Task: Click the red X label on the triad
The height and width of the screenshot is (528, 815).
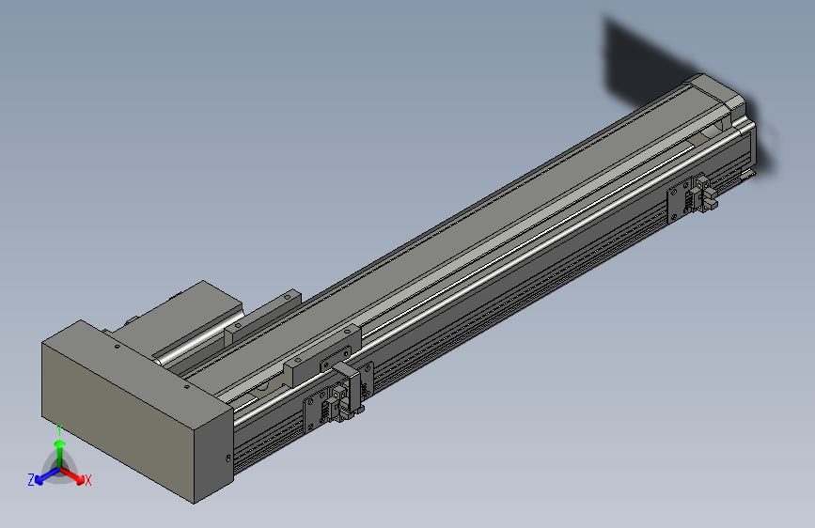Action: pyautogui.click(x=88, y=480)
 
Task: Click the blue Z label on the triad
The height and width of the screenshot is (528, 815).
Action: pyautogui.click(x=31, y=479)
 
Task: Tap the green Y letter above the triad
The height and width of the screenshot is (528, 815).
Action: pyautogui.click(x=59, y=428)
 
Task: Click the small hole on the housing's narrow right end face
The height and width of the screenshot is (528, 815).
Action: pyautogui.click(x=228, y=458)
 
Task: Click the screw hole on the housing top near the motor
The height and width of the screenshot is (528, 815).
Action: pyautogui.click(x=116, y=345)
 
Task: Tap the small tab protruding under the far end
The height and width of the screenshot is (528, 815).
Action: pyautogui.click(x=748, y=173)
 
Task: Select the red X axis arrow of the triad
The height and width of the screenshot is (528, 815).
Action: pyautogui.click(x=74, y=474)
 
